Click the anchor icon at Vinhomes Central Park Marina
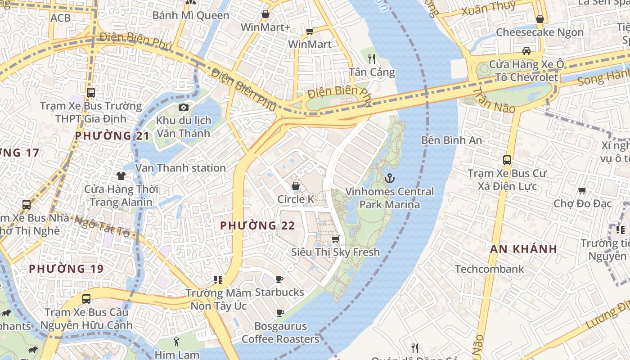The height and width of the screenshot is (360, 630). click(x=390, y=178)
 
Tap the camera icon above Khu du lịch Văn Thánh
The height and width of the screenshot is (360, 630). click(x=183, y=107)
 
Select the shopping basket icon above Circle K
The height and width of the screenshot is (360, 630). click(x=296, y=185)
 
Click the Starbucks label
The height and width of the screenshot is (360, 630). click(x=279, y=292)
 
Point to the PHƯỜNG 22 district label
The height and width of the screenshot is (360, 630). click(x=258, y=225)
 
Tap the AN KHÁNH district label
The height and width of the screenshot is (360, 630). click(x=523, y=249)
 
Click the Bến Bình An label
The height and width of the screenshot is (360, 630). click(x=451, y=140)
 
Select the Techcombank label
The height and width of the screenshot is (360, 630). click(x=489, y=269)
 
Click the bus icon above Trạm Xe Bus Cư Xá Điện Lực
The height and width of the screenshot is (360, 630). click(x=507, y=160)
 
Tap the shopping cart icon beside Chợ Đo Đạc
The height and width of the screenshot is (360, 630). click(x=582, y=191)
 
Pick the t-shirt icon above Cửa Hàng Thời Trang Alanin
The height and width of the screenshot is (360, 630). click(x=121, y=175)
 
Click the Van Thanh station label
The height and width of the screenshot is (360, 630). click(x=180, y=168)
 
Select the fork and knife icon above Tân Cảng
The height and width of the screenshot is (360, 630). click(x=372, y=58)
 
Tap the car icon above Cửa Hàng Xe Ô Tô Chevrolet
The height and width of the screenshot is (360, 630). click(x=526, y=50)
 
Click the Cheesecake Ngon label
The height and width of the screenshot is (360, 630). click(x=540, y=32)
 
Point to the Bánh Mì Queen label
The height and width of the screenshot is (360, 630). click(x=191, y=15)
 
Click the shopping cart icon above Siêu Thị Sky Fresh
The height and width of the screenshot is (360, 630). click(x=335, y=239)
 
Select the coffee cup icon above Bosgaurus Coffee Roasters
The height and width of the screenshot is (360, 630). click(x=280, y=313)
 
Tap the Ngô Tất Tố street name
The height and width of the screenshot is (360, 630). click(x=102, y=226)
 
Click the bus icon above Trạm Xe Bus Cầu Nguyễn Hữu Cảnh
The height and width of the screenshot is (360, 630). click(x=86, y=298)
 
